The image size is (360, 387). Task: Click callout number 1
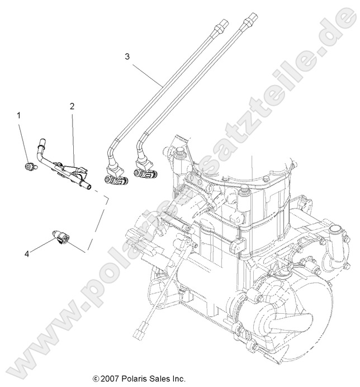tap(20, 116)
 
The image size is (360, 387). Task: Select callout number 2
tap(73, 106)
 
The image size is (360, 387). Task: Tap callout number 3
tap(127, 56)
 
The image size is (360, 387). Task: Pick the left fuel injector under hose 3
tap(114, 180)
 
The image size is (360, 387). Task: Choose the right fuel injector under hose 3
tap(144, 179)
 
